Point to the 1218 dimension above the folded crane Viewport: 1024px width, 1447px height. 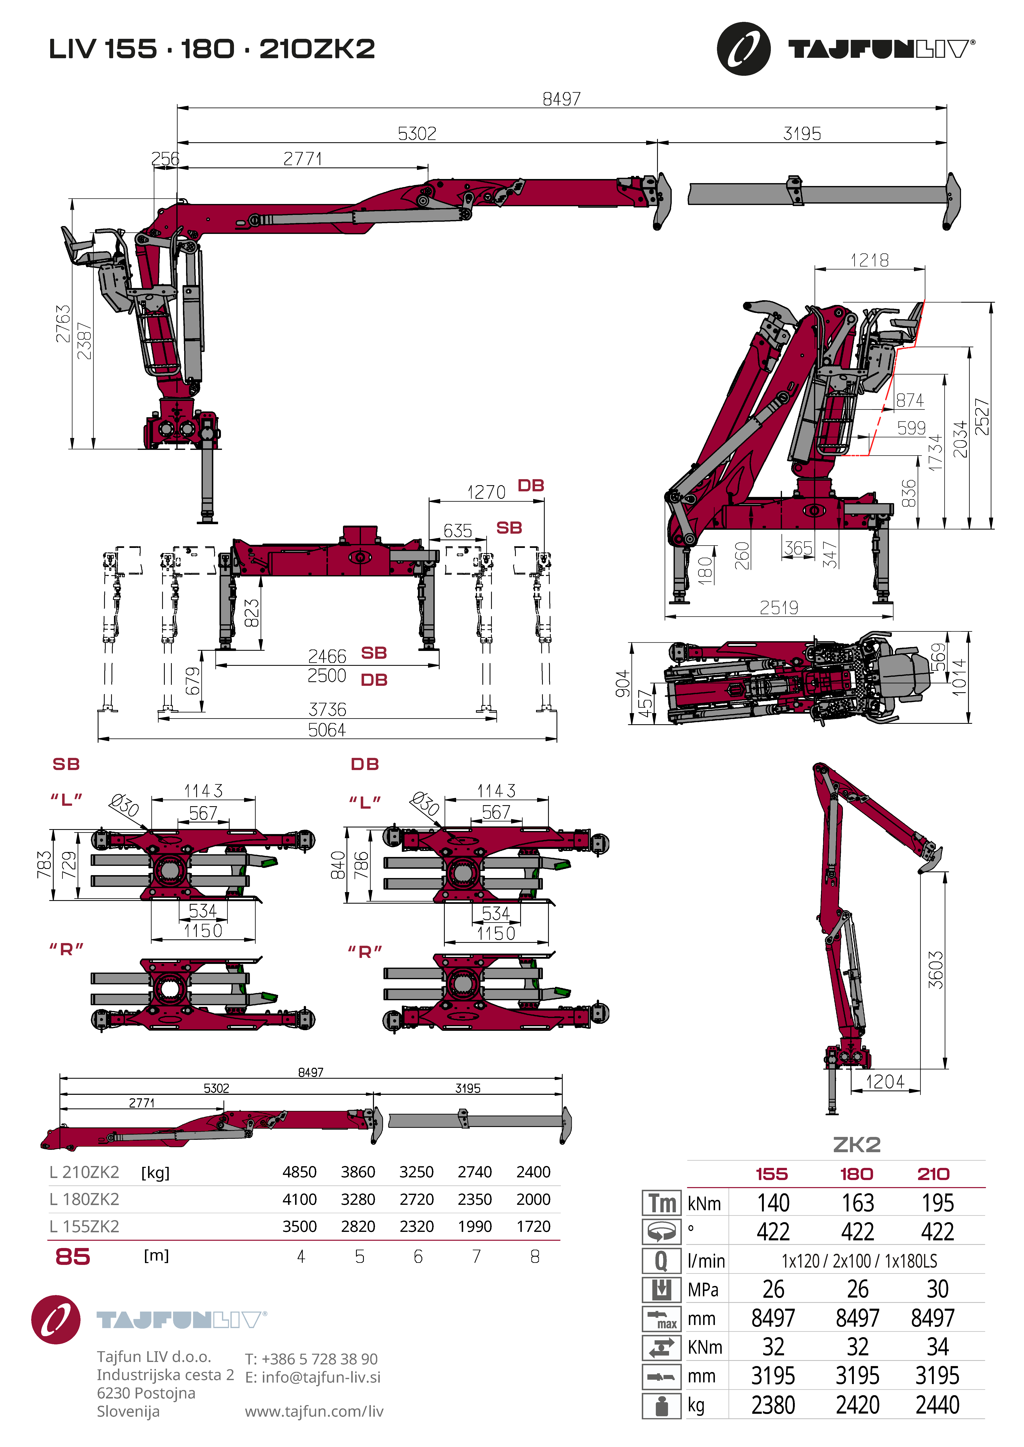click(870, 260)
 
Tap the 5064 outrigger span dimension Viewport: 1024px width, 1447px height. click(327, 730)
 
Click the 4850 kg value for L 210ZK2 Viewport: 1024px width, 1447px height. click(299, 1172)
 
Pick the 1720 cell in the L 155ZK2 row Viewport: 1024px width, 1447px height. click(533, 1227)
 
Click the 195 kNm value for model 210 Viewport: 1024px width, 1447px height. click(938, 1203)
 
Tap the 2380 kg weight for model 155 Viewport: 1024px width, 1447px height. click(773, 1405)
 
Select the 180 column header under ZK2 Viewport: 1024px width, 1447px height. click(856, 1174)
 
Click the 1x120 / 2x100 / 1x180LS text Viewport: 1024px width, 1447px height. click(859, 1261)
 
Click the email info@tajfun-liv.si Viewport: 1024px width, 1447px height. click(313, 1377)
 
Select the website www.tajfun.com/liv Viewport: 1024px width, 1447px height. click(314, 1411)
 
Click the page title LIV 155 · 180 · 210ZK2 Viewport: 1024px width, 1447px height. click(212, 49)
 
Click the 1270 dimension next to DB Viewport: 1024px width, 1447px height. click(486, 492)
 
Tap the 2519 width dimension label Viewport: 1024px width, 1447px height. click(779, 608)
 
